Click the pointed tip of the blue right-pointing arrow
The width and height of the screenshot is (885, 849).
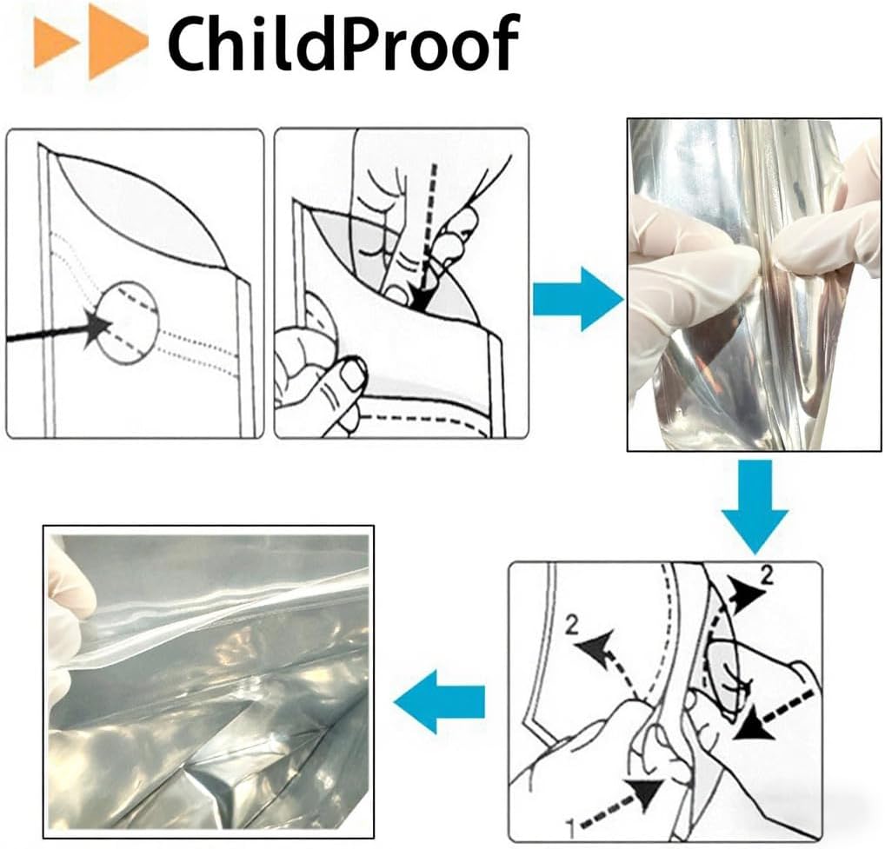click(623, 300)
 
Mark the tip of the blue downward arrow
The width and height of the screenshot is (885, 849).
click(755, 554)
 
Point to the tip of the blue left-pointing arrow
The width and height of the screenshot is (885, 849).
click(395, 702)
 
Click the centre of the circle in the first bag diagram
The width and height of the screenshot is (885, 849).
click(128, 322)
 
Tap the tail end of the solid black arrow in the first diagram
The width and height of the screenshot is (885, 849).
click(7, 339)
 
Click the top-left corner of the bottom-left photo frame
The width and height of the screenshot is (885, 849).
click(43, 526)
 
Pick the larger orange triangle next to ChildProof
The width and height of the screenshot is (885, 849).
click(118, 43)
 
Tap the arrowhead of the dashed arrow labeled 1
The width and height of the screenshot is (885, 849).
click(649, 793)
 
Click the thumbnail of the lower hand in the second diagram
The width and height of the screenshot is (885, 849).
click(354, 376)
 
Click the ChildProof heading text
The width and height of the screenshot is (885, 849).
click(343, 43)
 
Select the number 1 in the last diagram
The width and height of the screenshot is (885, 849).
click(570, 830)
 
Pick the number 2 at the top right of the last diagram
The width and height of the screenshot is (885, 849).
click(767, 576)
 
